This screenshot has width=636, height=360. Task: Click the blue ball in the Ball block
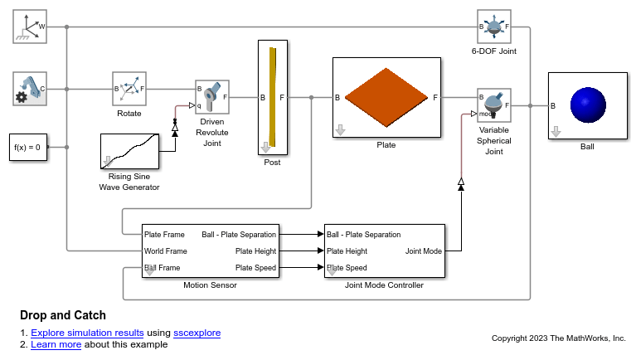tap(590, 107)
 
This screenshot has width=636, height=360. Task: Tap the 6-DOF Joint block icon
tap(494, 27)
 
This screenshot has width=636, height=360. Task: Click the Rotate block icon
tap(129, 88)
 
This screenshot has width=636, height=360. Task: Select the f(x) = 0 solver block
tap(27, 147)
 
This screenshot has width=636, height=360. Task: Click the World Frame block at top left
tap(30, 27)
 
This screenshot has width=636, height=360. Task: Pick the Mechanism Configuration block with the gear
tap(30, 89)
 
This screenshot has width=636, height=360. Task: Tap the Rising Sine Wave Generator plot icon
tap(129, 150)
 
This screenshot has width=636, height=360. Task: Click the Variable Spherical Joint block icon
tap(494, 105)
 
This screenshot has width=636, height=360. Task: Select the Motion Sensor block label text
tap(210, 285)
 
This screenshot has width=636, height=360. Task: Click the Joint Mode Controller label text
tap(384, 285)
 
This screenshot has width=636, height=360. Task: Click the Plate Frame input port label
tap(165, 234)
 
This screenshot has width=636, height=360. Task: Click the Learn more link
tap(56, 344)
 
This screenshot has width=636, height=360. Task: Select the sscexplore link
tap(197, 333)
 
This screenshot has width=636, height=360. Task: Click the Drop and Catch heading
tap(63, 315)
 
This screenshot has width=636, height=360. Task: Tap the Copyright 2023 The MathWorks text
tap(558, 338)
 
